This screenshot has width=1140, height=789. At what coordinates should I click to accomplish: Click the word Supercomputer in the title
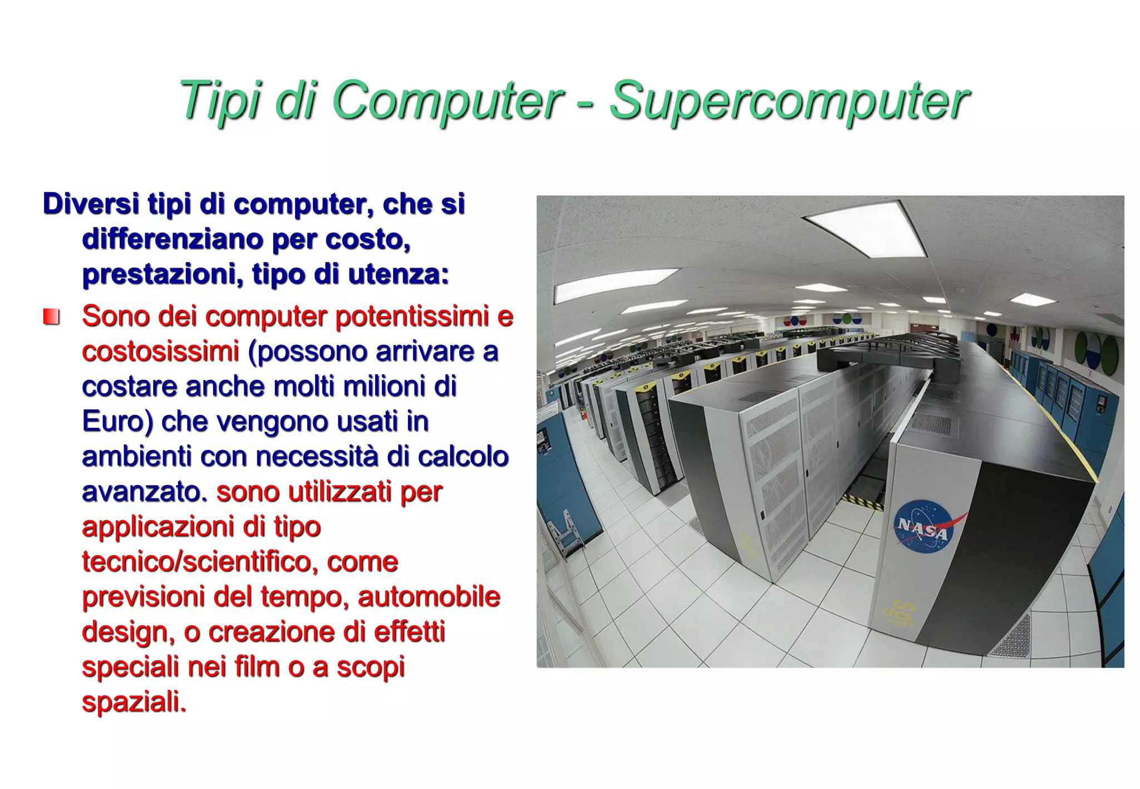coord(789,101)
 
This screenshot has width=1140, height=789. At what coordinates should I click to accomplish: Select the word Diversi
coord(90,204)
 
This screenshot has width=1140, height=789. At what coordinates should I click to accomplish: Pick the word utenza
coord(397,274)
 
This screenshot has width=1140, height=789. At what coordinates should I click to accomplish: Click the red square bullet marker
coord(51,318)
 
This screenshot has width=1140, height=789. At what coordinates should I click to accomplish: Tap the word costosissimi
coord(160,351)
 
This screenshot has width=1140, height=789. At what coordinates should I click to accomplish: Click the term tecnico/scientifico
coord(193,561)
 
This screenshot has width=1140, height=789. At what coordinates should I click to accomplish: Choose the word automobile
coord(429,596)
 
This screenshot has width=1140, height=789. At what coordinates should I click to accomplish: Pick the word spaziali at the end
coord(134,701)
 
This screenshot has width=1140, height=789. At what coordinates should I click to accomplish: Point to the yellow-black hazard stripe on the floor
coord(862,500)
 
